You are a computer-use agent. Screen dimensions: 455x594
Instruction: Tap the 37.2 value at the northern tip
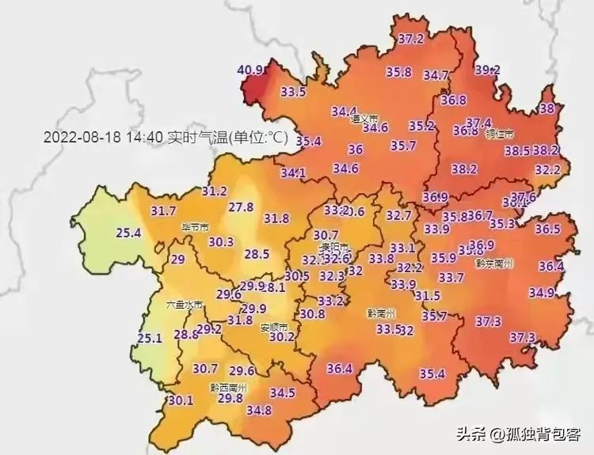[x=410, y=38]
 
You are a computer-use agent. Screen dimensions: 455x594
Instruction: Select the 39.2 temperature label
[x=487, y=70]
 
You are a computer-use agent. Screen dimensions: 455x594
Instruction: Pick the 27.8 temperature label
[x=240, y=207]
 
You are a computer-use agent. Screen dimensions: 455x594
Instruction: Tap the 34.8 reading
[x=259, y=410]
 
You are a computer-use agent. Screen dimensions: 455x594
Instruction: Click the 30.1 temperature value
[x=181, y=400]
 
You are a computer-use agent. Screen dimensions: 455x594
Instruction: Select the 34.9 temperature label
[x=542, y=293]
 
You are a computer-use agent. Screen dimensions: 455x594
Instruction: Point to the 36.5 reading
[x=546, y=229]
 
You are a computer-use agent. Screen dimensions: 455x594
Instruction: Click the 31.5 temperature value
[x=427, y=296]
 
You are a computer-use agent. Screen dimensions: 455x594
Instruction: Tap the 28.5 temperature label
[x=257, y=254]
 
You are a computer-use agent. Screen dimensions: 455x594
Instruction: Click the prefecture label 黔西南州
[x=228, y=387]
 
